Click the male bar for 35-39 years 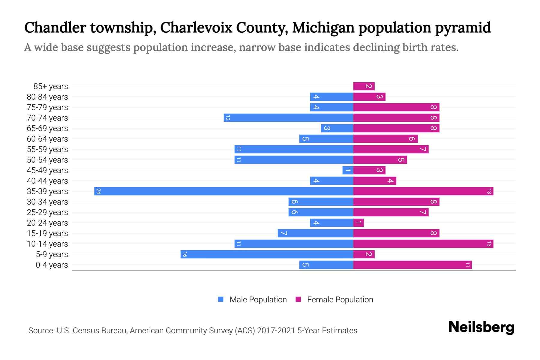(223, 191)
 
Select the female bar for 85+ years (364, 86)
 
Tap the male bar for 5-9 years (267, 254)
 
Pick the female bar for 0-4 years (412, 265)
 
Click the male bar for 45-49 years (348, 170)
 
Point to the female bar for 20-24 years (358, 223)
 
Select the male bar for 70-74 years (288, 118)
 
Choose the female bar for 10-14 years (423, 244)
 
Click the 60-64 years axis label (47, 139)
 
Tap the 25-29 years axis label (47, 212)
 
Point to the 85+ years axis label (51, 86)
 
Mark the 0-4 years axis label (52, 265)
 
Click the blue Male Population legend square (221, 299)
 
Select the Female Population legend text (340, 300)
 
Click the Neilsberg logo (481, 327)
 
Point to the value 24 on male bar (98, 191)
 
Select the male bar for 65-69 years (337, 128)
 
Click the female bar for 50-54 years (380, 160)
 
